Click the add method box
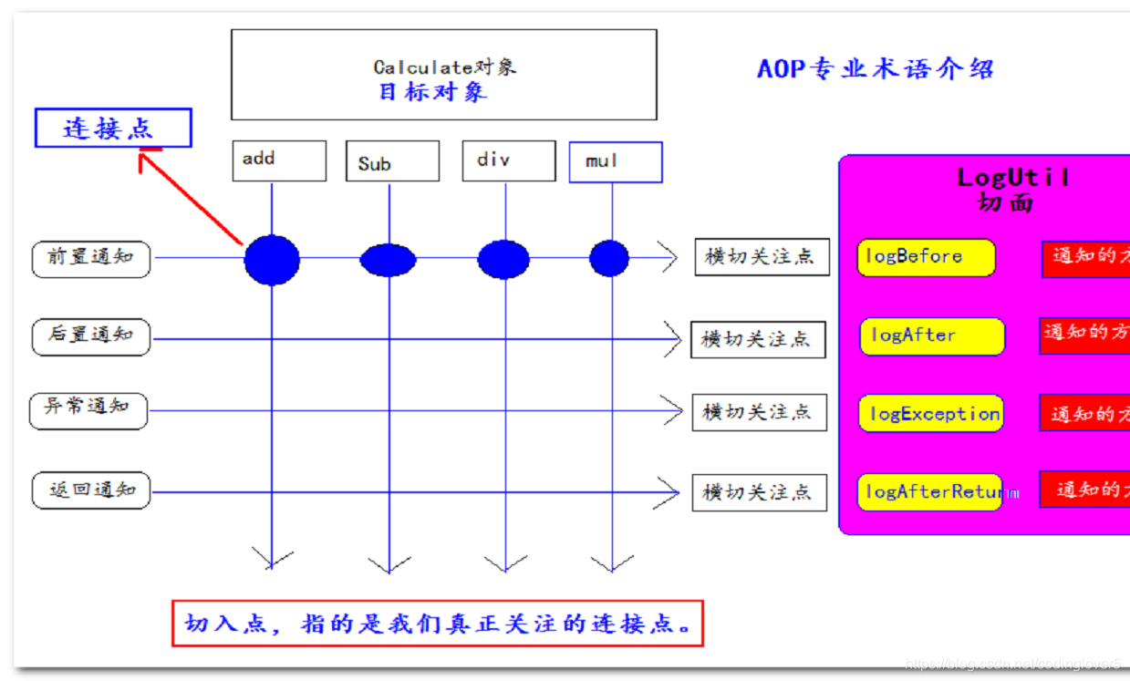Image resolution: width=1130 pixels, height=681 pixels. coord(279,160)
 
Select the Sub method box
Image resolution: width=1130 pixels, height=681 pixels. coord(392,161)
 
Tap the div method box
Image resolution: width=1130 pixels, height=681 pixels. coord(508,160)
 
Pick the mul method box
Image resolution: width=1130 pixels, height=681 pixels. coord(616,162)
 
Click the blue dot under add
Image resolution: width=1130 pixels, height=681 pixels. coord(272,260)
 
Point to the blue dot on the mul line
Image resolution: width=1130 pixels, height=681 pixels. coord(609,258)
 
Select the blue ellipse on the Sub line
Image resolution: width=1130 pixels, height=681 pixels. coord(388,260)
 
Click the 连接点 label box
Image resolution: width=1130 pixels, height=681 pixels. coord(113,129)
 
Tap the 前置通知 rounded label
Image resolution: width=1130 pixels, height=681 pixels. coord(90,258)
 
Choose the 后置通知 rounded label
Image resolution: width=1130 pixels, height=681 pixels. coord(90,336)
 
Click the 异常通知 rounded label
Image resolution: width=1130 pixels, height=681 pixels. coord(88,409)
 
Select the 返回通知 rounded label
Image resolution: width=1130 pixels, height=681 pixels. coord(90,490)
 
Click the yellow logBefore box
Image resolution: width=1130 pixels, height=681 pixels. coord(926,257)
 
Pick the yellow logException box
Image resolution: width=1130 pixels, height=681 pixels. coord(930,414)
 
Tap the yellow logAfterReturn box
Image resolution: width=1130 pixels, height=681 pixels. coord(929,492)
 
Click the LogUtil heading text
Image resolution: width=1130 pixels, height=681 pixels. coord(1012,177)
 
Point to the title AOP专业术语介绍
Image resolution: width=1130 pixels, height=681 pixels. coord(875,69)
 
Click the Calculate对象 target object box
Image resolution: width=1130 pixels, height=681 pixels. coord(443,75)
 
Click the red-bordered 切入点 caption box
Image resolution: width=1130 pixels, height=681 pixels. coord(438,624)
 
